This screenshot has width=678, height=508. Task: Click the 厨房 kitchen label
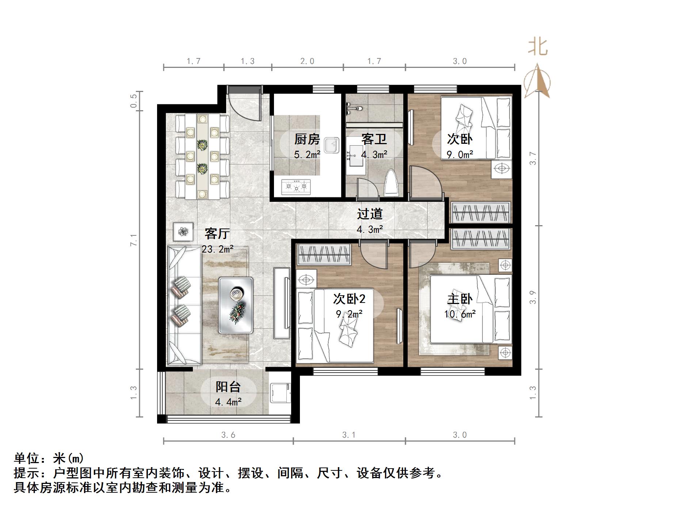307,139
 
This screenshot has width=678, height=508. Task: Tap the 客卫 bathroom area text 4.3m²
374,155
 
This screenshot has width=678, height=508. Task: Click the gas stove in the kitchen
296,187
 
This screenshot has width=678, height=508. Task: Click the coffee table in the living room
236,305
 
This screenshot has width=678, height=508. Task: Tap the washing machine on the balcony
280,393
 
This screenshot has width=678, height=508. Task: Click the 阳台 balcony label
228,386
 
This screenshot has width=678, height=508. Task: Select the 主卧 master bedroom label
460,299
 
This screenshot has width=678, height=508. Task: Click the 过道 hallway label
370,214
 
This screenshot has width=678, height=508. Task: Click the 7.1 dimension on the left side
134,240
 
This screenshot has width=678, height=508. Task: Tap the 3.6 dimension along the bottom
228,435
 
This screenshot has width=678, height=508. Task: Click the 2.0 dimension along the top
307,61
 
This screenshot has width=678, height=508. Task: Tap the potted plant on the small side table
183,231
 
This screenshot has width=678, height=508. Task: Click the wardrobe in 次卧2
324,254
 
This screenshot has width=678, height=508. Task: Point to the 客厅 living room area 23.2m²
218,249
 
